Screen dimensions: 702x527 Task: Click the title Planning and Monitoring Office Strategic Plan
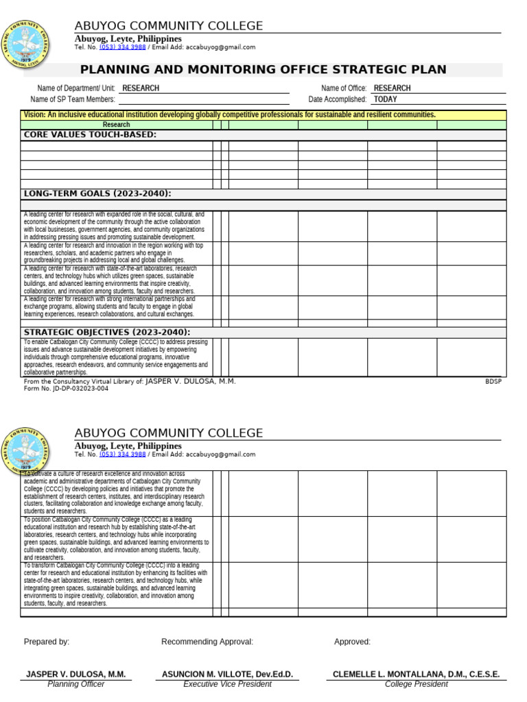click(263, 70)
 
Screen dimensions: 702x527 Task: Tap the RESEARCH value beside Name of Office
click(392, 88)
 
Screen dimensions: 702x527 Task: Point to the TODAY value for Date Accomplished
click(386, 99)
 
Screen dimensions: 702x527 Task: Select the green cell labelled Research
click(116, 125)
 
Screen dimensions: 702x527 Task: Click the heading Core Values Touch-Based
click(90, 135)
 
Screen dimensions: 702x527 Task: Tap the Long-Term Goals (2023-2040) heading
click(97, 194)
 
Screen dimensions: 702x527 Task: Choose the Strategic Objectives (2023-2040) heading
click(107, 332)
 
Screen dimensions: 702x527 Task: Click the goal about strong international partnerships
click(109, 306)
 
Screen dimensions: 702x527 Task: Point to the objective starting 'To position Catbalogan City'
click(116, 539)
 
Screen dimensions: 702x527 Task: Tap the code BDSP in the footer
click(493, 382)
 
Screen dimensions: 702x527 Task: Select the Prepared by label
click(47, 642)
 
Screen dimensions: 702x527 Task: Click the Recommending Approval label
click(207, 642)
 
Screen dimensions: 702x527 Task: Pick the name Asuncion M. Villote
click(227, 675)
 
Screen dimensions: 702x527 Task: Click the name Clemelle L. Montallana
click(416, 675)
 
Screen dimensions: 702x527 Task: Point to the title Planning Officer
click(75, 684)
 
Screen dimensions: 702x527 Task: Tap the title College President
click(416, 684)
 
